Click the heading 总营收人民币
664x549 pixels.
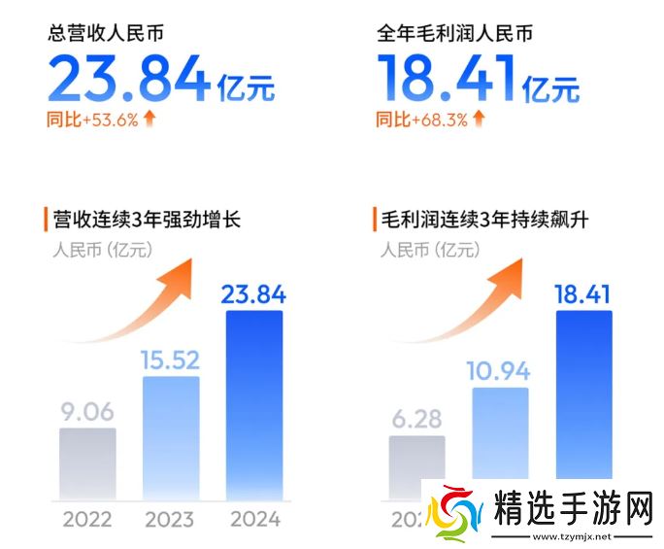(105, 35)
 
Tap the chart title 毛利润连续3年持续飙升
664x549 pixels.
(482, 219)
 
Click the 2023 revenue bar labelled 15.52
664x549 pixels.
(171, 438)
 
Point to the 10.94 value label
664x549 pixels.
(501, 372)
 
